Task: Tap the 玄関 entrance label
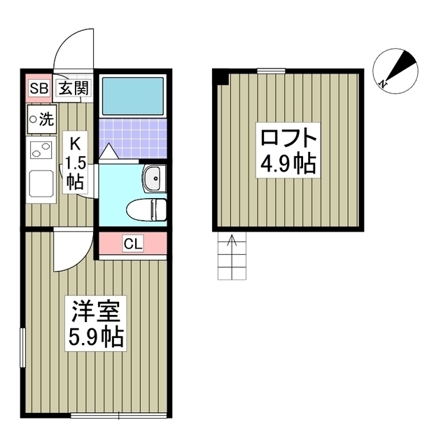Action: point(73,89)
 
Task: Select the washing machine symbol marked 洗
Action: point(41,118)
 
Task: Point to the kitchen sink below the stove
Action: point(41,185)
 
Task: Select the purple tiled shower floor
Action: point(132,137)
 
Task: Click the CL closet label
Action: point(132,244)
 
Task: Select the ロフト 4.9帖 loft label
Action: point(286,150)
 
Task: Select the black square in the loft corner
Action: point(220,76)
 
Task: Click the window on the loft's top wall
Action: point(272,71)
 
